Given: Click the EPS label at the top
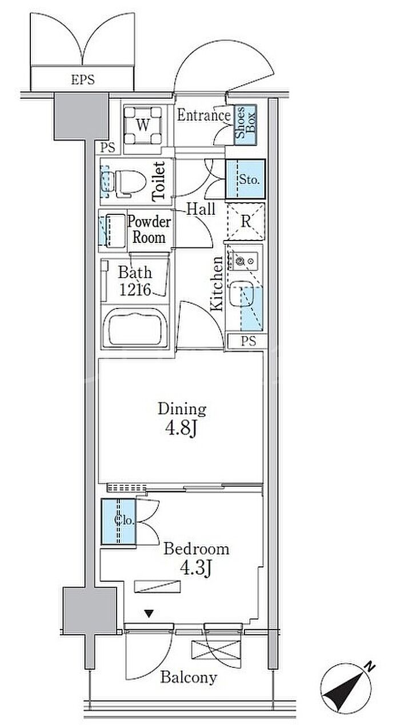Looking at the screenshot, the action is click(x=83, y=79).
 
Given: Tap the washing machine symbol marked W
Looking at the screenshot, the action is click(x=143, y=125).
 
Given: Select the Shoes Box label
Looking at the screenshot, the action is click(x=245, y=125).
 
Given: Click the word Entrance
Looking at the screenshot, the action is click(x=203, y=115).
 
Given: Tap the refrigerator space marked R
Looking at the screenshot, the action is click(x=246, y=221).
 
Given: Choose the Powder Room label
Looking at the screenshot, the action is click(x=149, y=230).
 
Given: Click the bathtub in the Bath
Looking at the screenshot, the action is click(x=135, y=328).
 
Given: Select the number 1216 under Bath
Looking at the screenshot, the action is click(x=135, y=289).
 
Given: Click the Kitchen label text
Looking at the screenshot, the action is click(x=216, y=283).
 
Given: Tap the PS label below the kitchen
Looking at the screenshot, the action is click(x=248, y=341).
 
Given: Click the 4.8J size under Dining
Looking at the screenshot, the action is click(x=181, y=429).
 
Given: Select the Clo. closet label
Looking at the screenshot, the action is click(x=124, y=520).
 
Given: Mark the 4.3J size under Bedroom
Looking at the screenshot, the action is click(x=196, y=568).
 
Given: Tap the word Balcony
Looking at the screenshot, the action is click(x=189, y=677).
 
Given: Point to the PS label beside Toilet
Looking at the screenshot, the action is click(x=108, y=147).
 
